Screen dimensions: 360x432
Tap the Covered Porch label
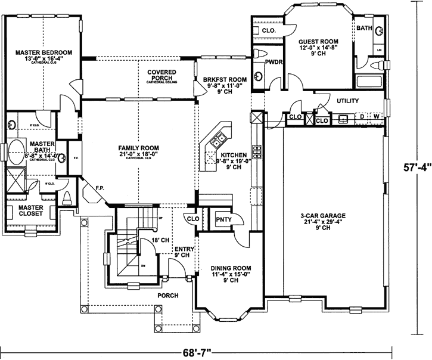click(160, 75)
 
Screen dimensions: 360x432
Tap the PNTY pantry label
click(223, 219)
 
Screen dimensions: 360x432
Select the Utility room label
click(349, 101)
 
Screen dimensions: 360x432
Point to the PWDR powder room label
click(274, 61)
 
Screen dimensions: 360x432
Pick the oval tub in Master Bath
click(16, 148)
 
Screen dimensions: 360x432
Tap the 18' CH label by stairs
click(160, 239)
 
